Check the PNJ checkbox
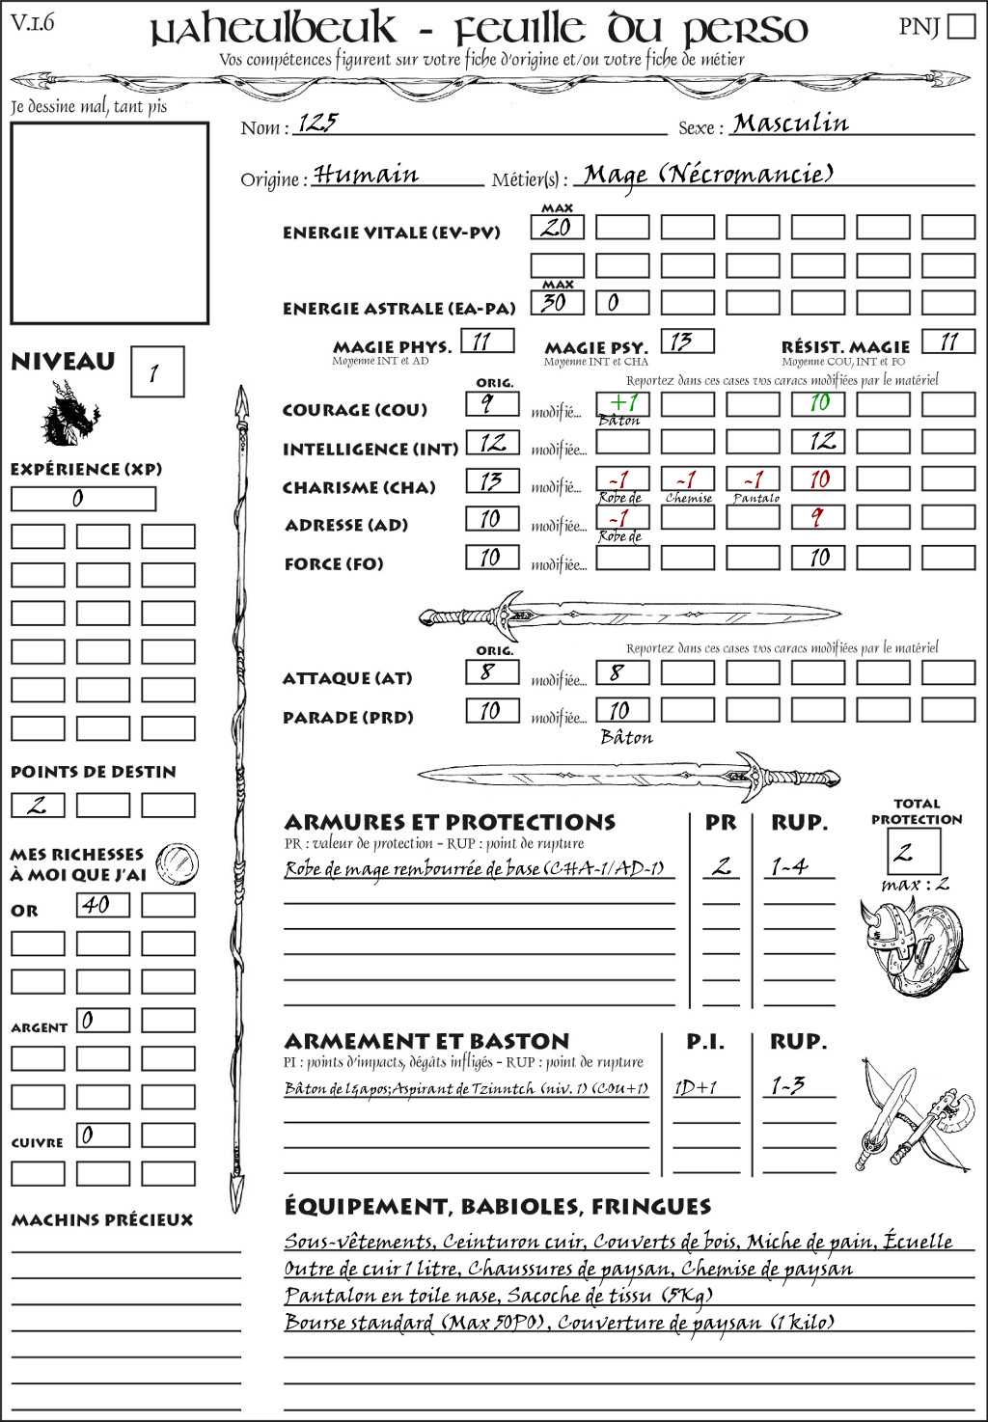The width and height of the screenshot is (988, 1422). (x=961, y=26)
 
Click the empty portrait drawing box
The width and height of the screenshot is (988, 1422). (x=109, y=223)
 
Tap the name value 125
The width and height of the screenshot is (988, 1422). (x=318, y=123)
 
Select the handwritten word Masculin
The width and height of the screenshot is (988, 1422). (x=790, y=123)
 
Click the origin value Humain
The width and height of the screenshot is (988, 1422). (x=366, y=175)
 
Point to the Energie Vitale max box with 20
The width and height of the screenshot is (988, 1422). (x=557, y=228)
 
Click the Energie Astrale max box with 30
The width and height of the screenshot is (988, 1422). (x=557, y=302)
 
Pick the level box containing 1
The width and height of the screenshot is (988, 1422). (x=156, y=372)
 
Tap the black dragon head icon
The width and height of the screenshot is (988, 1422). (x=69, y=414)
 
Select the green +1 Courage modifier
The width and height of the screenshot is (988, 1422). (x=622, y=403)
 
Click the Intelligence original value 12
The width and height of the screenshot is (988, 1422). (x=492, y=443)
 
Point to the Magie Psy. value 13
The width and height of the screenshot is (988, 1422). (x=687, y=342)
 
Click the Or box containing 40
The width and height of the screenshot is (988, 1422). (x=102, y=905)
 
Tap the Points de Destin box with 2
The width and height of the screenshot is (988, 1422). (x=38, y=805)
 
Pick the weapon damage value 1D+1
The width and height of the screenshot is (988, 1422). (x=696, y=1088)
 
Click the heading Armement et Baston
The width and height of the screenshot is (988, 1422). (x=426, y=1041)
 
